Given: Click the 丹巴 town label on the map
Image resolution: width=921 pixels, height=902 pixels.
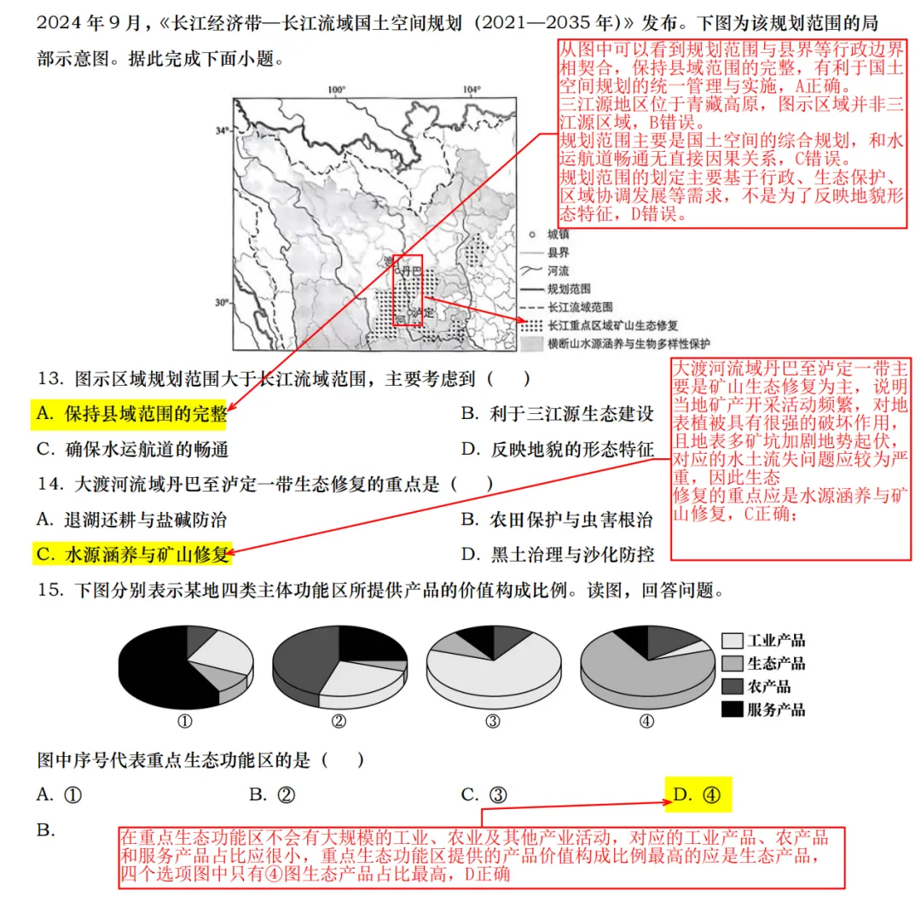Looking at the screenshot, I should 411,270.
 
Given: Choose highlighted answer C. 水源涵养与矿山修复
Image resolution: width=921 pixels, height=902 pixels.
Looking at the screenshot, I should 133,554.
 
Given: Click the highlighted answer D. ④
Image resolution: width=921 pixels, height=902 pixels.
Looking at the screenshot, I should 698,795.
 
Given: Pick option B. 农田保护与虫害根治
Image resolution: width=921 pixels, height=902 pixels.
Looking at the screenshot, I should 558,519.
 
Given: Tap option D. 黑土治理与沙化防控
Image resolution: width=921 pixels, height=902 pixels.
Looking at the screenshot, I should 558,554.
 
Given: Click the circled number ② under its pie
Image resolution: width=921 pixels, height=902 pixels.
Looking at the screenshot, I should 339,720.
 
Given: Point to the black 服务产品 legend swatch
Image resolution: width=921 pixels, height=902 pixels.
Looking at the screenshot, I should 732,709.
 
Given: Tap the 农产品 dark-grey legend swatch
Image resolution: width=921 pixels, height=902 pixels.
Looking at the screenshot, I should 732,686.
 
